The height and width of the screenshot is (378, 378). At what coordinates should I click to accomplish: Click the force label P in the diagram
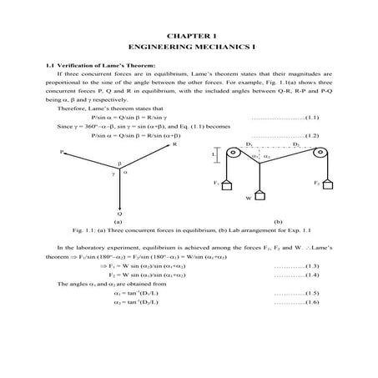point(61,153)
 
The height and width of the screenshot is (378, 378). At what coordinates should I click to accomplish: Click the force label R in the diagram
point(174,144)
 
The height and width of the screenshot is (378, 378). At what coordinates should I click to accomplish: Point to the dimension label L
point(214,155)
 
